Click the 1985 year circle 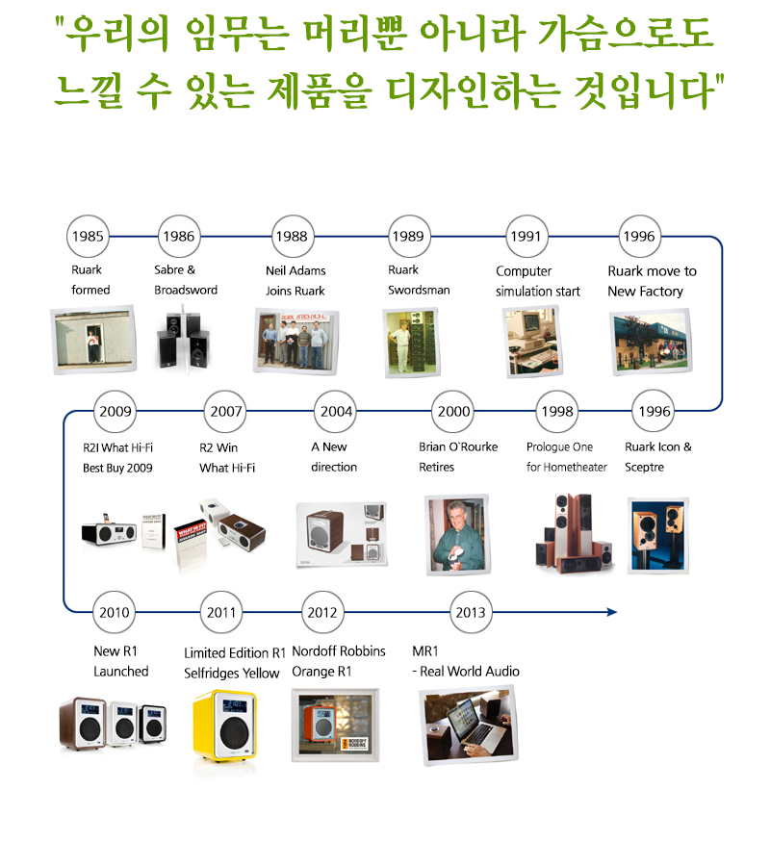88,236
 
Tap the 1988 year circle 291,236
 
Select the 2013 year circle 471,612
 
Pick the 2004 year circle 337,412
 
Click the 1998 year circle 557,412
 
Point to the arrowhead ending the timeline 611,612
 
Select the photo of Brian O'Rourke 457,534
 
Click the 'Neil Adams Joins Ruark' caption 295,281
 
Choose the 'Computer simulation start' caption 537,281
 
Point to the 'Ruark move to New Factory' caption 652,281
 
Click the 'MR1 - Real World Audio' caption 466,661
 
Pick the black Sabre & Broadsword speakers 183,340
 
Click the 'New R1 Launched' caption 120,661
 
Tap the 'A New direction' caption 334,457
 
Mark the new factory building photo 651,342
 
